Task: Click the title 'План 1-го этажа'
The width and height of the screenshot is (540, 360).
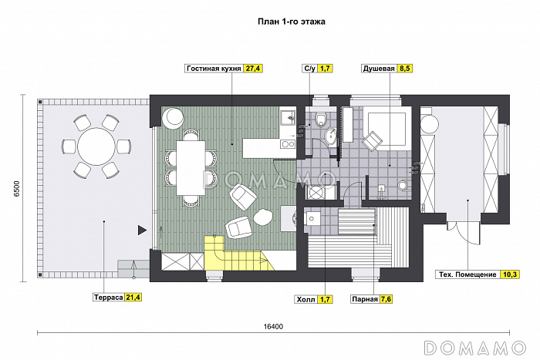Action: coord(292,22)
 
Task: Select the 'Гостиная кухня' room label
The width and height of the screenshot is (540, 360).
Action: coord(214,69)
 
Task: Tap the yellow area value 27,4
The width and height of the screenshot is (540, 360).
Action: coord(252,69)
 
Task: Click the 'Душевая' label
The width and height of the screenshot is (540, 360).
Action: coord(379,69)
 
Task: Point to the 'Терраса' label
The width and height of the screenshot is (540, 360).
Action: coord(109,298)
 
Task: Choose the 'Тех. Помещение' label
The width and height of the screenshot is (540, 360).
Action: coord(467,274)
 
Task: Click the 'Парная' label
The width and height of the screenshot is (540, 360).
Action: coord(365,299)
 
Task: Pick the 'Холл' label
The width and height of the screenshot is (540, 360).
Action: coord(305,299)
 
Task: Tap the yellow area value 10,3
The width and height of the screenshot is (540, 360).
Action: coord(510,274)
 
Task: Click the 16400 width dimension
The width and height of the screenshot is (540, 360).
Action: coord(273,327)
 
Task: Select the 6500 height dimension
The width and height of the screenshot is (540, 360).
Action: coord(17,189)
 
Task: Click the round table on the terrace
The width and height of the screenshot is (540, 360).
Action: coord(96,146)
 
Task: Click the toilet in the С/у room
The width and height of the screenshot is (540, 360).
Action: coord(322,119)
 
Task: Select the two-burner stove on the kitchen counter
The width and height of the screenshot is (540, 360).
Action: coord(288,144)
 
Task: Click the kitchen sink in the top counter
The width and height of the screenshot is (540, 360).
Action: coord(288,118)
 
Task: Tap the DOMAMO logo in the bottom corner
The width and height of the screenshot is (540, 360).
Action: coord(475,348)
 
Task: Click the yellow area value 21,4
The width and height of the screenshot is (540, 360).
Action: coord(133,298)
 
